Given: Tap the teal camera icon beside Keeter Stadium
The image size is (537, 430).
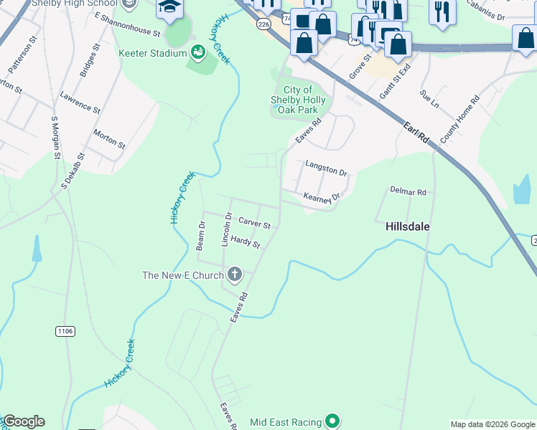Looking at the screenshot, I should (197, 52).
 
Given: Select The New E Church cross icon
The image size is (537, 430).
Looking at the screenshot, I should (234, 274).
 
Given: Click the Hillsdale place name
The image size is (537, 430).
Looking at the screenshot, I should (407, 226).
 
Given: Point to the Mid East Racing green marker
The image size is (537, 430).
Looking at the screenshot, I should (332, 421).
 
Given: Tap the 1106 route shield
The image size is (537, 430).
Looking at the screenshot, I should (65, 330).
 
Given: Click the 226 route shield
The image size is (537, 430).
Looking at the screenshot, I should (264, 24).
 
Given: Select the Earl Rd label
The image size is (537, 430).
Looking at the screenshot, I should (416, 133).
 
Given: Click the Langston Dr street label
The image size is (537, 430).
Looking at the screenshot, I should (326, 168).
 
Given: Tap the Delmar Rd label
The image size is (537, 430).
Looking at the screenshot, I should (408, 191).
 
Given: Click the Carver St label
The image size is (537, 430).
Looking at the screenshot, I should (254, 224).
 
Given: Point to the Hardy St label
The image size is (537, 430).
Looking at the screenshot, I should (245, 243).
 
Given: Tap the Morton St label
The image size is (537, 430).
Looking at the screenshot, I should (109, 139).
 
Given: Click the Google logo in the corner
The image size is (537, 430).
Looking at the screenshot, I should (23, 421).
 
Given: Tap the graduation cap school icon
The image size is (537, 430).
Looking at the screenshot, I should (170, 8).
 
